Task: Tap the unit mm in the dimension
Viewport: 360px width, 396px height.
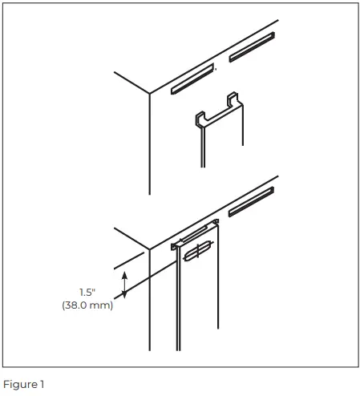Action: click(x=103, y=305)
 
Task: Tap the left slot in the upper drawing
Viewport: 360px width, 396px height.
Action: click(x=192, y=79)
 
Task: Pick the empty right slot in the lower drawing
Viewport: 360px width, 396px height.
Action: click(x=251, y=201)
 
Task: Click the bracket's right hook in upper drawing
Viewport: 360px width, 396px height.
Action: click(x=233, y=99)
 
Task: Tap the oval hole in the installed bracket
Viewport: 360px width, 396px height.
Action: click(x=197, y=252)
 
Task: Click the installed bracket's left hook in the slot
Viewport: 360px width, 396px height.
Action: click(x=174, y=246)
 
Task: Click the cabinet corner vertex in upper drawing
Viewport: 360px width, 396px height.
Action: click(x=150, y=94)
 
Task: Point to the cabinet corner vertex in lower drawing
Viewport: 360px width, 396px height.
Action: click(x=150, y=249)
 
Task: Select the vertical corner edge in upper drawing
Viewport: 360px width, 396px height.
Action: click(x=150, y=144)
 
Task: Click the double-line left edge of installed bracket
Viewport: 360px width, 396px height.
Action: click(x=178, y=305)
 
